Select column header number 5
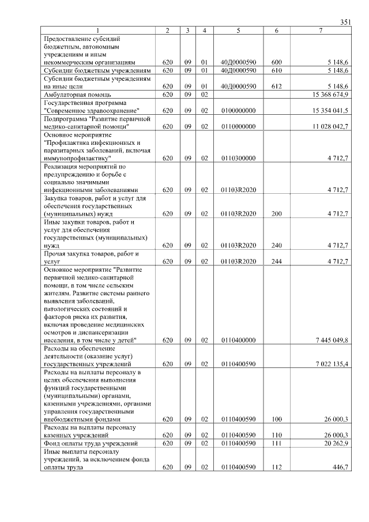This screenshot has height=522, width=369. [x=238, y=30]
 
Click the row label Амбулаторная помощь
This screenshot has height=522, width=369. [x=77, y=93]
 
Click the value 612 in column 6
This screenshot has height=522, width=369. [x=276, y=85]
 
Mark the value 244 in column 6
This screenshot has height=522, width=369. [x=276, y=261]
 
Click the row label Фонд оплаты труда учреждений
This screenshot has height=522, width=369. [x=91, y=443]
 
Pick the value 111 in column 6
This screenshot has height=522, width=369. [x=276, y=443]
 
